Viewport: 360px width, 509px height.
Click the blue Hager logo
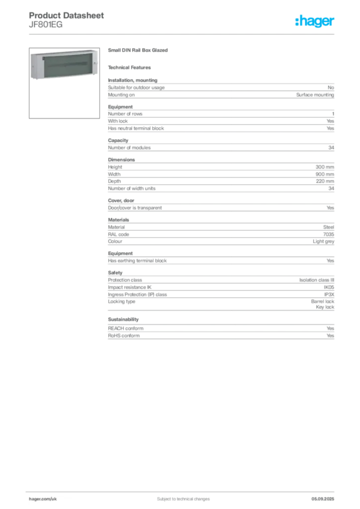[315, 21]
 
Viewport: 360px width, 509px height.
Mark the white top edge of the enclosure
[65, 51]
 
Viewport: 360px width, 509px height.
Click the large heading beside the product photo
[139, 51]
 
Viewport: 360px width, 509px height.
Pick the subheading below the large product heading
[131, 67]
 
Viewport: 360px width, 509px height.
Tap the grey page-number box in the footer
[326, 496]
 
